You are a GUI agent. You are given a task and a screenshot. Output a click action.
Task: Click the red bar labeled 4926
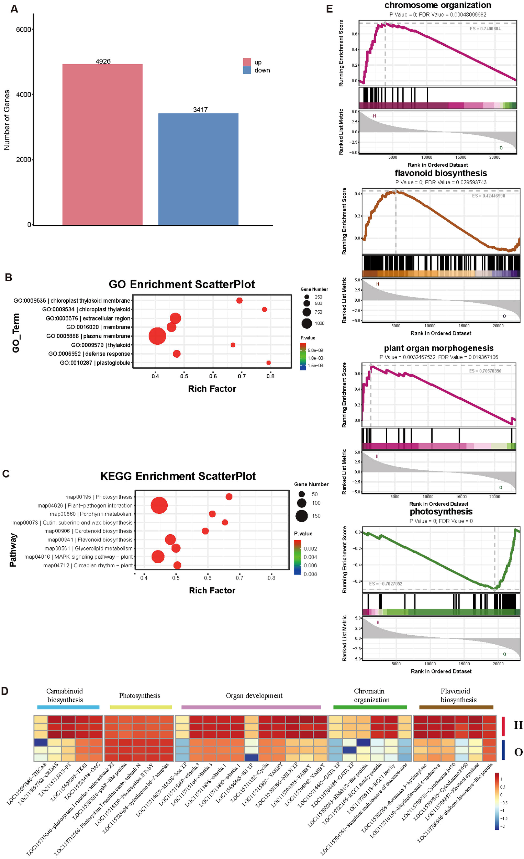pyautogui.click(x=102, y=144)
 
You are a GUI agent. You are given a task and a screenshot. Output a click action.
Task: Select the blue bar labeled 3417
pyautogui.click(x=198, y=169)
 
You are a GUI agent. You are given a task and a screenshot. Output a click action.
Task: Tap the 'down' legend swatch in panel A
pyautogui.click(x=247, y=70)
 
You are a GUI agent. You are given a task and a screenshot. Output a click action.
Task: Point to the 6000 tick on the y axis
pyautogui.click(x=23, y=30)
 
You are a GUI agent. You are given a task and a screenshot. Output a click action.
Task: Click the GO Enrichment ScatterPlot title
pyautogui.click(x=182, y=284)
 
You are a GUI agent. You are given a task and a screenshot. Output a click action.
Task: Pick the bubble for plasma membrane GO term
pyautogui.click(x=157, y=336)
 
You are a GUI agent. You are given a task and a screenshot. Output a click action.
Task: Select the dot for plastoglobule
pyautogui.click(x=268, y=362)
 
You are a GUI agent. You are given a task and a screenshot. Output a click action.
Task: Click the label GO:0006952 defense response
pyautogui.click(x=89, y=354)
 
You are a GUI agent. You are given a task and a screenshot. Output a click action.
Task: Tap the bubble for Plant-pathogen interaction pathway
pyautogui.click(x=159, y=505)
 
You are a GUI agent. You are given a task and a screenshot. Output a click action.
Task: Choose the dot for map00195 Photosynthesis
pyautogui.click(x=229, y=497)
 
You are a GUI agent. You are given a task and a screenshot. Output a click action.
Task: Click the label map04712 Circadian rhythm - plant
pyautogui.click(x=88, y=565)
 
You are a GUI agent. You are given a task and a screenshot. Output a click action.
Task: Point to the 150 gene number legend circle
pyautogui.click(x=302, y=516)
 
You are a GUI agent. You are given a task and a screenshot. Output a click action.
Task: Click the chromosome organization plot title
pyautogui.click(x=437, y=5)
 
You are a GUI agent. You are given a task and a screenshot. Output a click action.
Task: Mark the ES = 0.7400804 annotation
pyautogui.click(x=485, y=29)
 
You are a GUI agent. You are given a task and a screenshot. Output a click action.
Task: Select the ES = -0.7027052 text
pyautogui.click(x=386, y=583)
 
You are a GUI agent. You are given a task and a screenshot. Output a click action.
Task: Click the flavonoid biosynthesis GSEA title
pyautogui.click(x=441, y=173)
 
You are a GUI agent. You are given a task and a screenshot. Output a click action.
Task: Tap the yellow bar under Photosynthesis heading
pyautogui.click(x=141, y=707)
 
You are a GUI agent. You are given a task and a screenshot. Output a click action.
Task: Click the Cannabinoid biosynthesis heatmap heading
pyautogui.click(x=65, y=695)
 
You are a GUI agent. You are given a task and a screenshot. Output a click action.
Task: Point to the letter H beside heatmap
pyautogui.click(x=518, y=725)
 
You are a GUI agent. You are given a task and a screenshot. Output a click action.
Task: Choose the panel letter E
pyautogui.click(x=330, y=9)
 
